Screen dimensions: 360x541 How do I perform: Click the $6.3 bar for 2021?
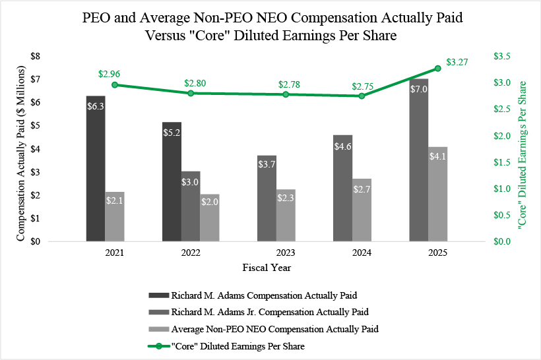(96, 169)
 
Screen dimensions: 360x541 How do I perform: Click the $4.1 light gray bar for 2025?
(437, 194)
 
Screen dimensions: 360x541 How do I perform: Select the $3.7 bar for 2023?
(267, 198)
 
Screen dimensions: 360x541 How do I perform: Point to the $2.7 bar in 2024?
(362, 210)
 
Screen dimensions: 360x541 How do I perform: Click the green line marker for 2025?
(437, 68)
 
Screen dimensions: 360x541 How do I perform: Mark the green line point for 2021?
(115, 84)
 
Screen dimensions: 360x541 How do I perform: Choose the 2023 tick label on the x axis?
(286, 253)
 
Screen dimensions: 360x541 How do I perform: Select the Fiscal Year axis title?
(266, 268)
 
